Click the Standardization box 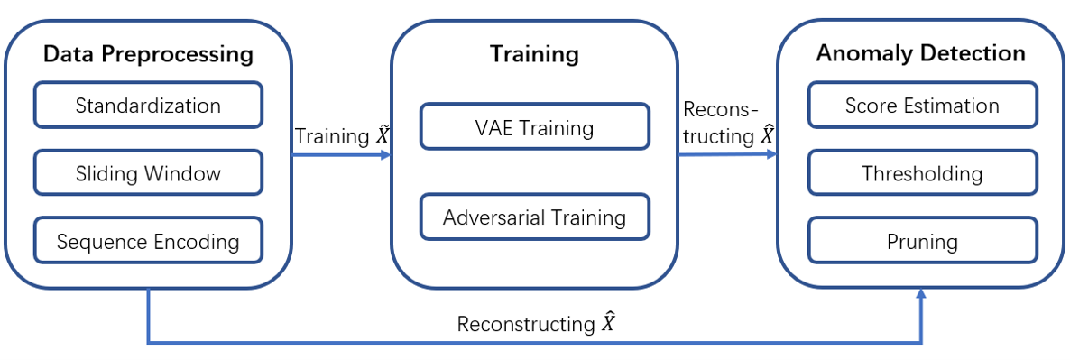[x=148, y=106]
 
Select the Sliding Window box [x=148, y=173]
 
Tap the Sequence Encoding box [x=148, y=242]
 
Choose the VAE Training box [x=534, y=127]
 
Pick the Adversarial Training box [x=534, y=217]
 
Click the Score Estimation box [x=921, y=106]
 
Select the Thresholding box [x=921, y=173]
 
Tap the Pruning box [x=921, y=242]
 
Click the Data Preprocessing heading [x=148, y=54]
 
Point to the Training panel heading [x=534, y=54]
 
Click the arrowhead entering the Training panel [x=385, y=155]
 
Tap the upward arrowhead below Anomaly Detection [x=921, y=294]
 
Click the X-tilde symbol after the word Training [x=383, y=136]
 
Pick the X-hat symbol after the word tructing [x=767, y=135]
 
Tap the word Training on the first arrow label [x=331, y=137]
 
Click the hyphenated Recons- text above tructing [x=719, y=111]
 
